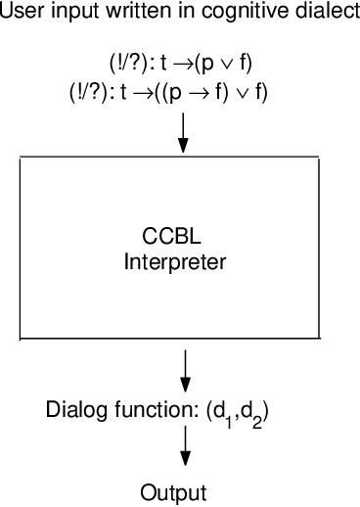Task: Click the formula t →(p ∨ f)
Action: coord(204,64)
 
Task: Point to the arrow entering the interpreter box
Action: coord(183,133)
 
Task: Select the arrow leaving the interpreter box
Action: coord(184,369)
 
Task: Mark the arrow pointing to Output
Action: coord(184,451)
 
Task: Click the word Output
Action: coord(173,491)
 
